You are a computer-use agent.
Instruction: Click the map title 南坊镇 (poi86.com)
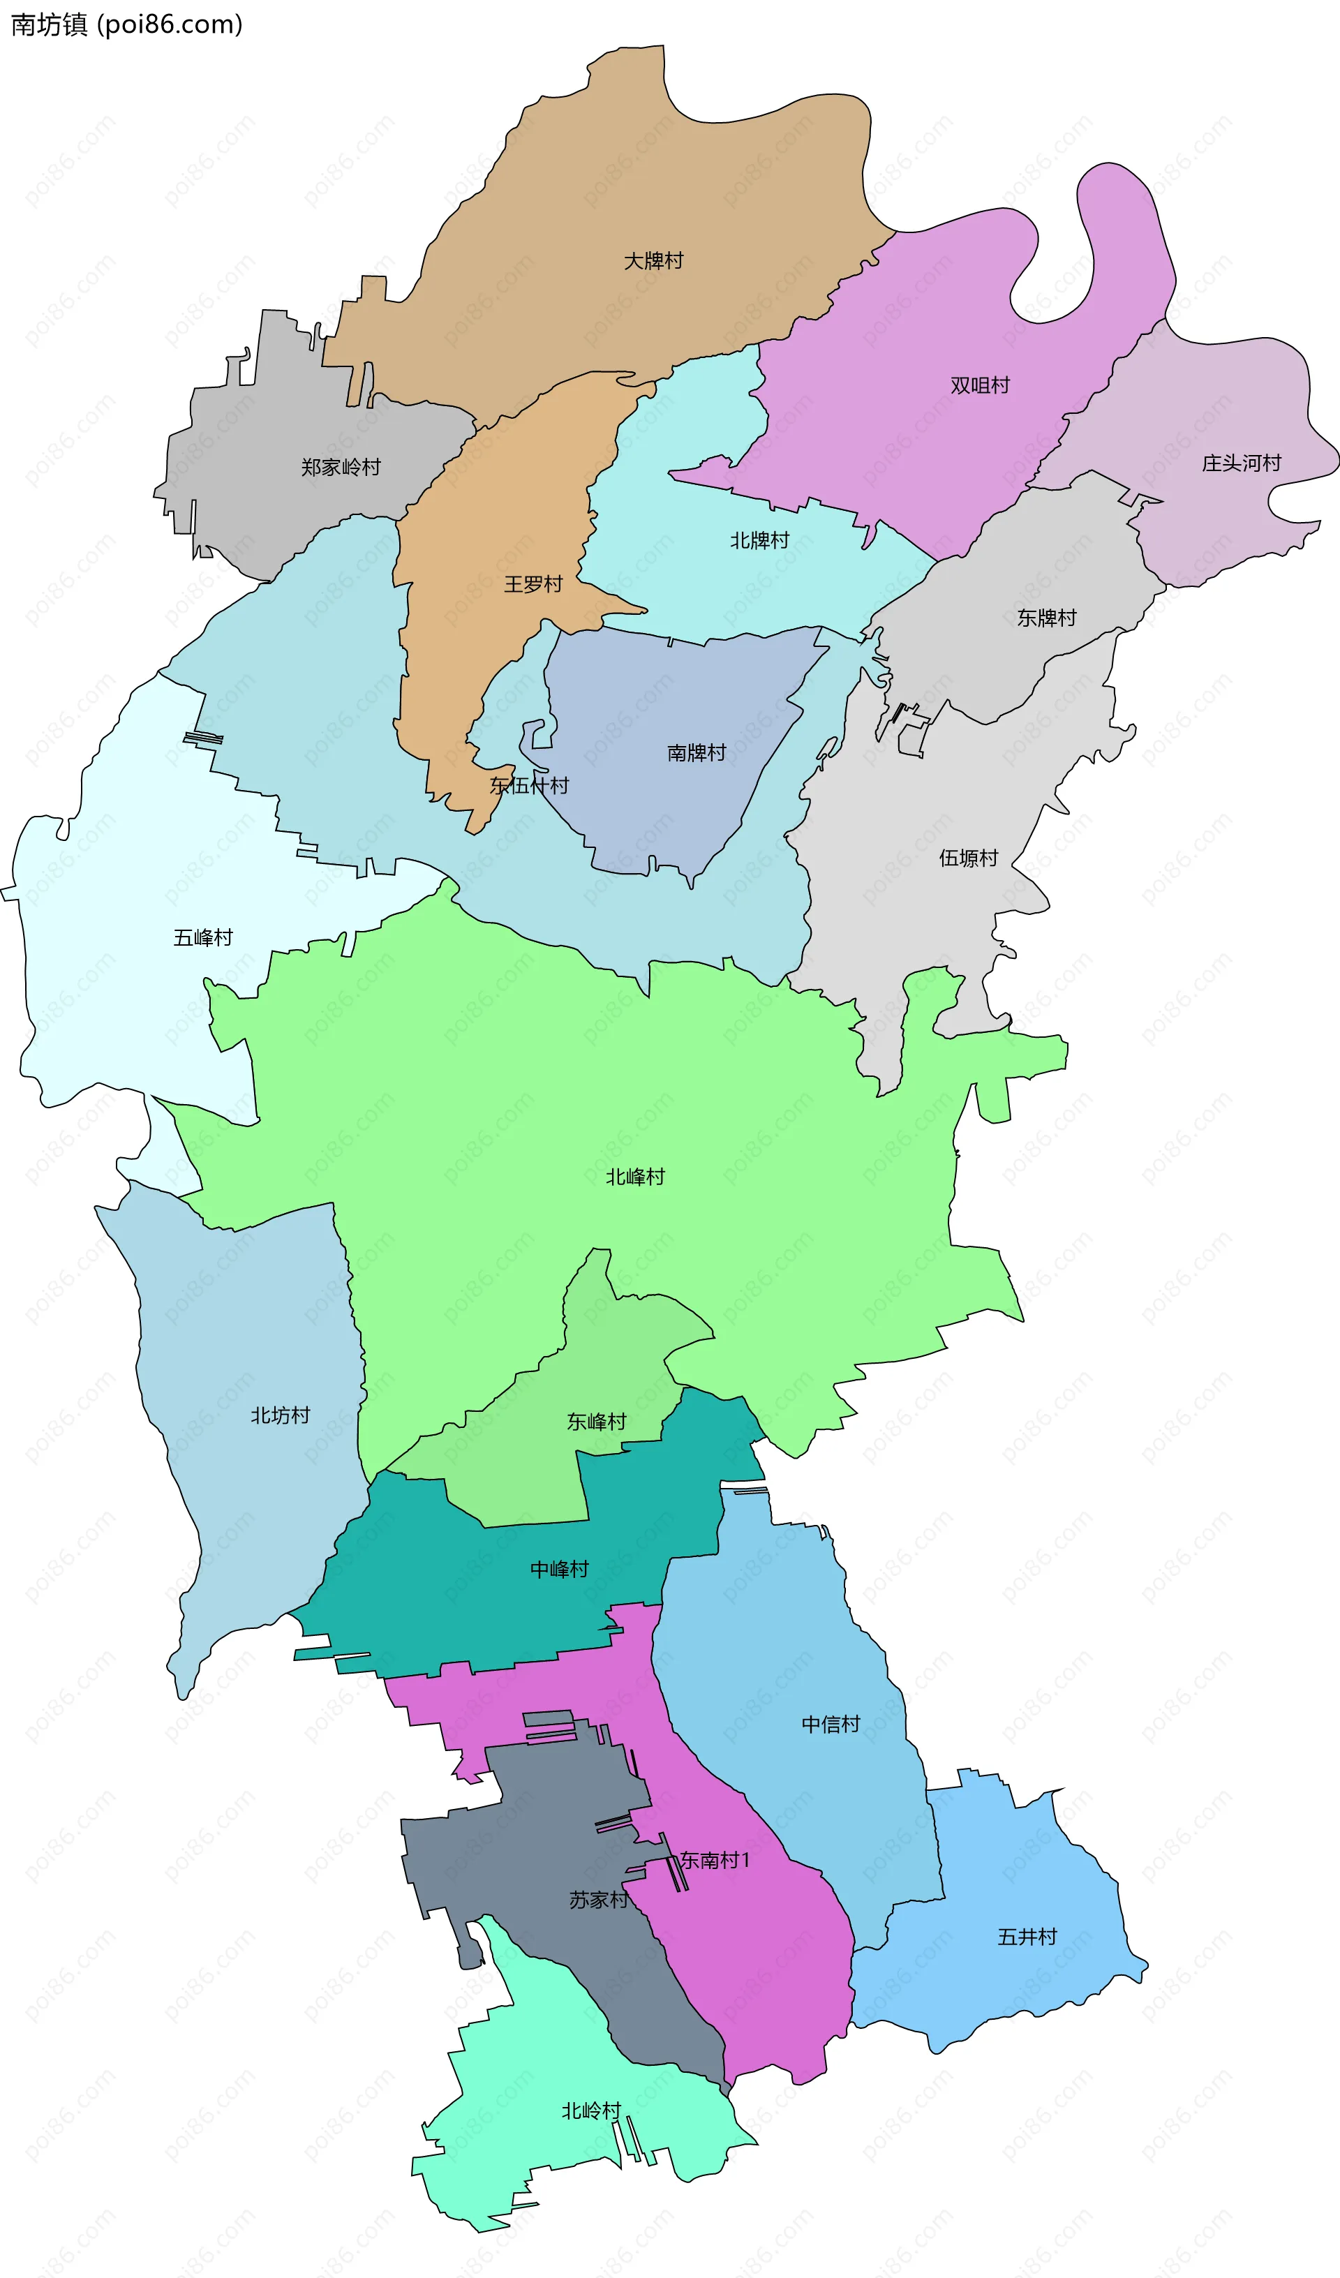pyautogui.click(x=126, y=24)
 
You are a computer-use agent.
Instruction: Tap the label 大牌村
pyautogui.click(x=654, y=261)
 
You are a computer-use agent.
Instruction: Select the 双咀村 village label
pyautogui.click(x=980, y=386)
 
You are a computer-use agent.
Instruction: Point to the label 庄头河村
pyautogui.click(x=1242, y=463)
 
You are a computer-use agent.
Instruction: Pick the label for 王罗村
pyautogui.click(x=533, y=585)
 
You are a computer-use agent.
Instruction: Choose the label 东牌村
pyautogui.click(x=1047, y=618)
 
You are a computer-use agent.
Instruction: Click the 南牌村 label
pyautogui.click(x=697, y=753)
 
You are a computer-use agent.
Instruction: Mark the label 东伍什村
pyautogui.click(x=529, y=786)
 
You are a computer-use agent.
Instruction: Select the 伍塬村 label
pyautogui.click(x=969, y=858)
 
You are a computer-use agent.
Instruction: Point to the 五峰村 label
pyautogui.click(x=203, y=938)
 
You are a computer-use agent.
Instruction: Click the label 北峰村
pyautogui.click(x=636, y=1177)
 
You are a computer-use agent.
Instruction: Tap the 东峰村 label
pyautogui.click(x=597, y=1422)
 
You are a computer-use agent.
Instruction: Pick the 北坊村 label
pyautogui.click(x=281, y=1415)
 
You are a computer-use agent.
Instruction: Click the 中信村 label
pyautogui.click(x=831, y=1724)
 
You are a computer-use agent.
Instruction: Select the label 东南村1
pyautogui.click(x=715, y=1861)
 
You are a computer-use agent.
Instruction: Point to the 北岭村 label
pyautogui.click(x=591, y=2110)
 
